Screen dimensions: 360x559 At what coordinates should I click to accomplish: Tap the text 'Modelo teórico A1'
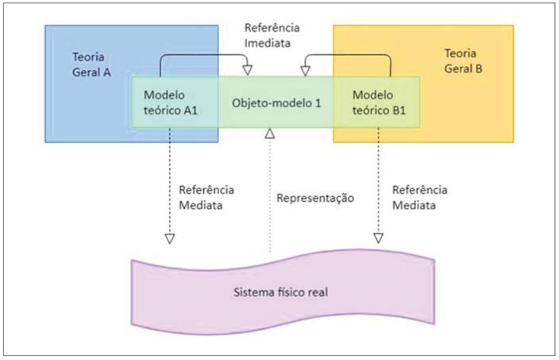[170, 103]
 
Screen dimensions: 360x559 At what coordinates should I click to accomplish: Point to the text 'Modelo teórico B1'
[378, 103]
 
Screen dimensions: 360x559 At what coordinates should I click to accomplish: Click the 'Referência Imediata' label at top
[272, 34]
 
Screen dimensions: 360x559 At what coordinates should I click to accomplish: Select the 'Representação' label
[315, 198]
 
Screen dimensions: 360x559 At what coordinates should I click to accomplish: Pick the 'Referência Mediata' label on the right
[420, 196]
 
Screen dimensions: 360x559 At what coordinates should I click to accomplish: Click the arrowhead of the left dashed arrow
[169, 238]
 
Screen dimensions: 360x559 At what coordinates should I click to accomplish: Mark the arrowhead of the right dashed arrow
[379, 238]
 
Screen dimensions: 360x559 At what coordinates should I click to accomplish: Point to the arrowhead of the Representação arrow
[270, 133]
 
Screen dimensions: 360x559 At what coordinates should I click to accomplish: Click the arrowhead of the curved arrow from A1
[247, 72]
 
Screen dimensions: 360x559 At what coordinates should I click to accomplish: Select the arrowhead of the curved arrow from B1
[304, 72]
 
